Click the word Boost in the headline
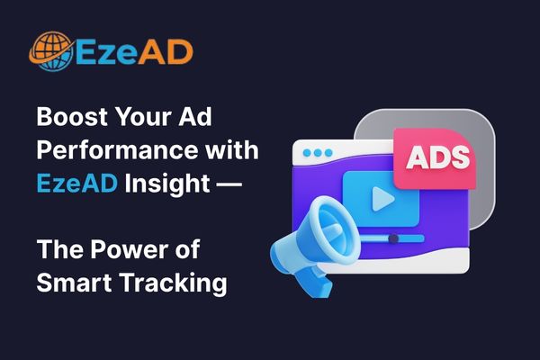(x=65, y=118)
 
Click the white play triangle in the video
(x=381, y=198)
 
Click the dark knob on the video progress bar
(x=392, y=238)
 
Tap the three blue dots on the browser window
(x=317, y=153)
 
